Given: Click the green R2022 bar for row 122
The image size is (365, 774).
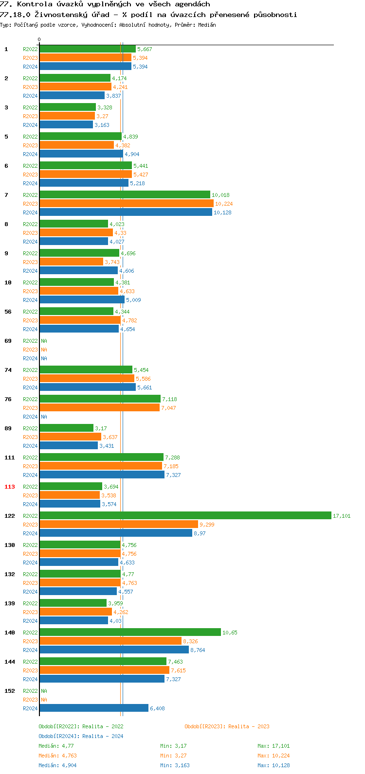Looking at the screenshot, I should tap(185, 515).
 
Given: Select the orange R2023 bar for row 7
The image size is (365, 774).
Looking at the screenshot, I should tap(127, 203).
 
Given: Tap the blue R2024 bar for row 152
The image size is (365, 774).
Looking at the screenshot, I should tap(94, 708).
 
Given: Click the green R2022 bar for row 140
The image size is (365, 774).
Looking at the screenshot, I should tap(130, 632).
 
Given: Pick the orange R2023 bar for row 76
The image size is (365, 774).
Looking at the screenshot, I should tap(100, 407).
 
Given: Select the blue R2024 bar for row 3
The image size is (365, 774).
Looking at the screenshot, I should tap(66, 124).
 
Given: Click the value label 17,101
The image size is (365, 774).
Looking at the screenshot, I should tap(342, 516).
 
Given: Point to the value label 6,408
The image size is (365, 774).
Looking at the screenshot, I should tap(157, 708).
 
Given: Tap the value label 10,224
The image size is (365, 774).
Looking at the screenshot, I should tap(224, 204).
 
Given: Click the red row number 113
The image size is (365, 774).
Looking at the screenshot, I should tap(10, 487).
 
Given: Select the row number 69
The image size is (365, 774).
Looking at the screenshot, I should tap(8, 341).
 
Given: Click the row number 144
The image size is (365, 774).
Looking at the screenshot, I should tap(10, 662).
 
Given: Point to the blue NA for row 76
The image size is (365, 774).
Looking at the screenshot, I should tap(44, 417).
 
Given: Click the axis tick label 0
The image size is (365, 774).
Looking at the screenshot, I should tap(39, 40).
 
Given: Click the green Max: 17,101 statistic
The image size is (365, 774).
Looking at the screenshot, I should tap(274, 746).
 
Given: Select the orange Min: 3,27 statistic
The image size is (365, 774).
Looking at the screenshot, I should tap(173, 756).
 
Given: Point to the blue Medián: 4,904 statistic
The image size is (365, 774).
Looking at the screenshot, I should tap(57, 765).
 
